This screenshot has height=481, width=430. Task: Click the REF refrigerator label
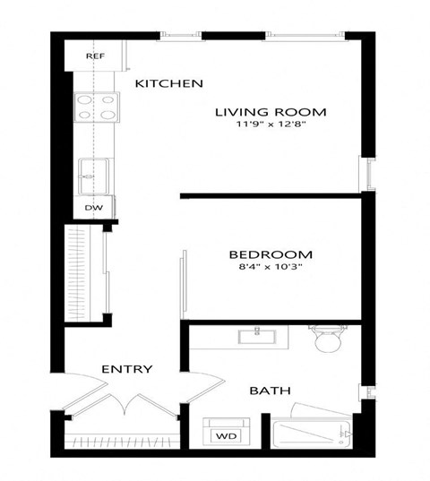coord(96,56)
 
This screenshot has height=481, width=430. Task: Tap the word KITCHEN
coord(168,83)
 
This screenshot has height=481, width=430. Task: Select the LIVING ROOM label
coord(270,112)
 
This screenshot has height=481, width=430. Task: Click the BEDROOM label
coord(270,253)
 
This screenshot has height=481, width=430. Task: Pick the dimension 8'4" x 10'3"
coord(270,267)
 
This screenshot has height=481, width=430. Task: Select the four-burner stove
coord(96,107)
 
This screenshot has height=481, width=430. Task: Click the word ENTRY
coord(126,369)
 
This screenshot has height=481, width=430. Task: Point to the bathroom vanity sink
coord(261,337)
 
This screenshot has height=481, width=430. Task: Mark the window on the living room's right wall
coord(366,172)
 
